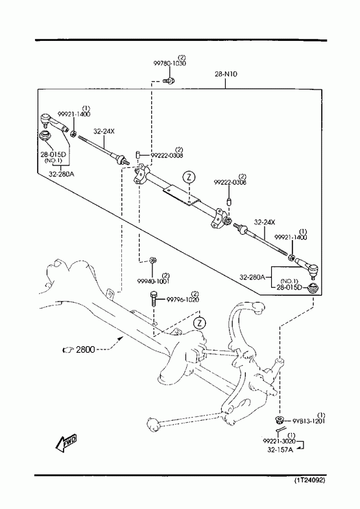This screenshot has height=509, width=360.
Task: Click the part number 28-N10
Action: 226,74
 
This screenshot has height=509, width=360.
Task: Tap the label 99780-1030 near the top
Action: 170,64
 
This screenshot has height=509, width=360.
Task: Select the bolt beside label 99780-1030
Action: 169,80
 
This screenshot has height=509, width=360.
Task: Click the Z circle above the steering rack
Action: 189,177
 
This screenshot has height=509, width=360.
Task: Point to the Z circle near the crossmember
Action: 200,323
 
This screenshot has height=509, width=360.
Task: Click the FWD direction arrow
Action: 67,443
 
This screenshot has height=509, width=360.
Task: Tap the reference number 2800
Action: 86,349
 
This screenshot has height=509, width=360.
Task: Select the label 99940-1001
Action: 153,281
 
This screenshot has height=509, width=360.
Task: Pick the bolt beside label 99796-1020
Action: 154,298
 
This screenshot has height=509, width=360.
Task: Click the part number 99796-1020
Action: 183,300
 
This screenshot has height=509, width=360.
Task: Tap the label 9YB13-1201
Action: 309,421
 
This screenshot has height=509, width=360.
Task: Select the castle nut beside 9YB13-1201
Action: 278,420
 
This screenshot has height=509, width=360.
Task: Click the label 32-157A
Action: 280,450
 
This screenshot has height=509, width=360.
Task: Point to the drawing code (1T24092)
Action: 309,480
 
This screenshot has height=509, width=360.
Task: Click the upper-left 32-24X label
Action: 104,132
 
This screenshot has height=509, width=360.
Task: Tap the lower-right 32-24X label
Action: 265,222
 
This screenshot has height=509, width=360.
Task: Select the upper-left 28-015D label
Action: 53,154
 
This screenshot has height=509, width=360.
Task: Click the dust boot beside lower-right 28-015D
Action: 313,288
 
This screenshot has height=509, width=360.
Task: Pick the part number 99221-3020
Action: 279,441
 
